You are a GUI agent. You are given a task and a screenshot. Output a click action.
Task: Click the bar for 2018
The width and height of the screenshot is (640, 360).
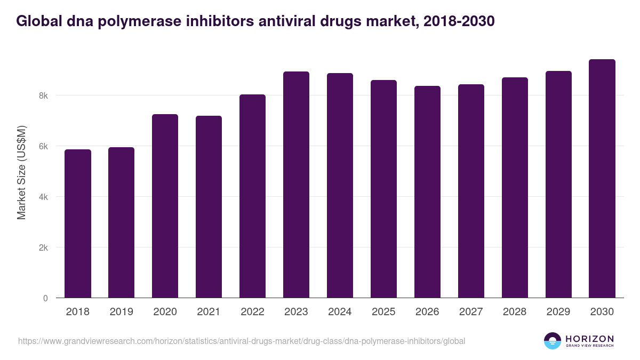tap(78, 223)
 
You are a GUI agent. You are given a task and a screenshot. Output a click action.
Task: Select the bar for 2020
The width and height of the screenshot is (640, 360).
tap(165, 206)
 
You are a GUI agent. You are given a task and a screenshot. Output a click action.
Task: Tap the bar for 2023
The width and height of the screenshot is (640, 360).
tap(296, 185)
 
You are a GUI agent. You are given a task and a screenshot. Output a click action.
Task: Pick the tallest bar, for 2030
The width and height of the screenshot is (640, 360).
tap(602, 179)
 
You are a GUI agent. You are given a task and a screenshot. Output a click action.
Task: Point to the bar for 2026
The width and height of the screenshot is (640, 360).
tap(427, 192)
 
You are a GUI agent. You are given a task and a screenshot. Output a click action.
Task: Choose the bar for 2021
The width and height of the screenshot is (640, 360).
tap(209, 207)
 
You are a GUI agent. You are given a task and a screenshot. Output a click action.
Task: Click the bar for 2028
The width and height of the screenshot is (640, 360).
tap(515, 188)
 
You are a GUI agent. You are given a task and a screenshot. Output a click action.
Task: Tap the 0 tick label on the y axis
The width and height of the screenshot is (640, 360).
tap(45, 299)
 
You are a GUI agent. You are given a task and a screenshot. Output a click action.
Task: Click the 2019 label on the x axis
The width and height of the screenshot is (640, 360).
tap(121, 312)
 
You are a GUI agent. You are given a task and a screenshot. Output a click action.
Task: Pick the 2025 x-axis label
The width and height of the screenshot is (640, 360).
tap(383, 312)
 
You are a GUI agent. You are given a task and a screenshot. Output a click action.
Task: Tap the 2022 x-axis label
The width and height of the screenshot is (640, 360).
tap(252, 312)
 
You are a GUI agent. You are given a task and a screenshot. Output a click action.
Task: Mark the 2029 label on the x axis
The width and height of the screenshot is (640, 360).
tap(558, 312)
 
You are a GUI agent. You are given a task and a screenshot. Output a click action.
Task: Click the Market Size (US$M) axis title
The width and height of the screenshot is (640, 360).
tap(21, 172)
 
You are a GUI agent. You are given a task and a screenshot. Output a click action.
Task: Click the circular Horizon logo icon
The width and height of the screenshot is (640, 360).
tap(552, 341)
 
